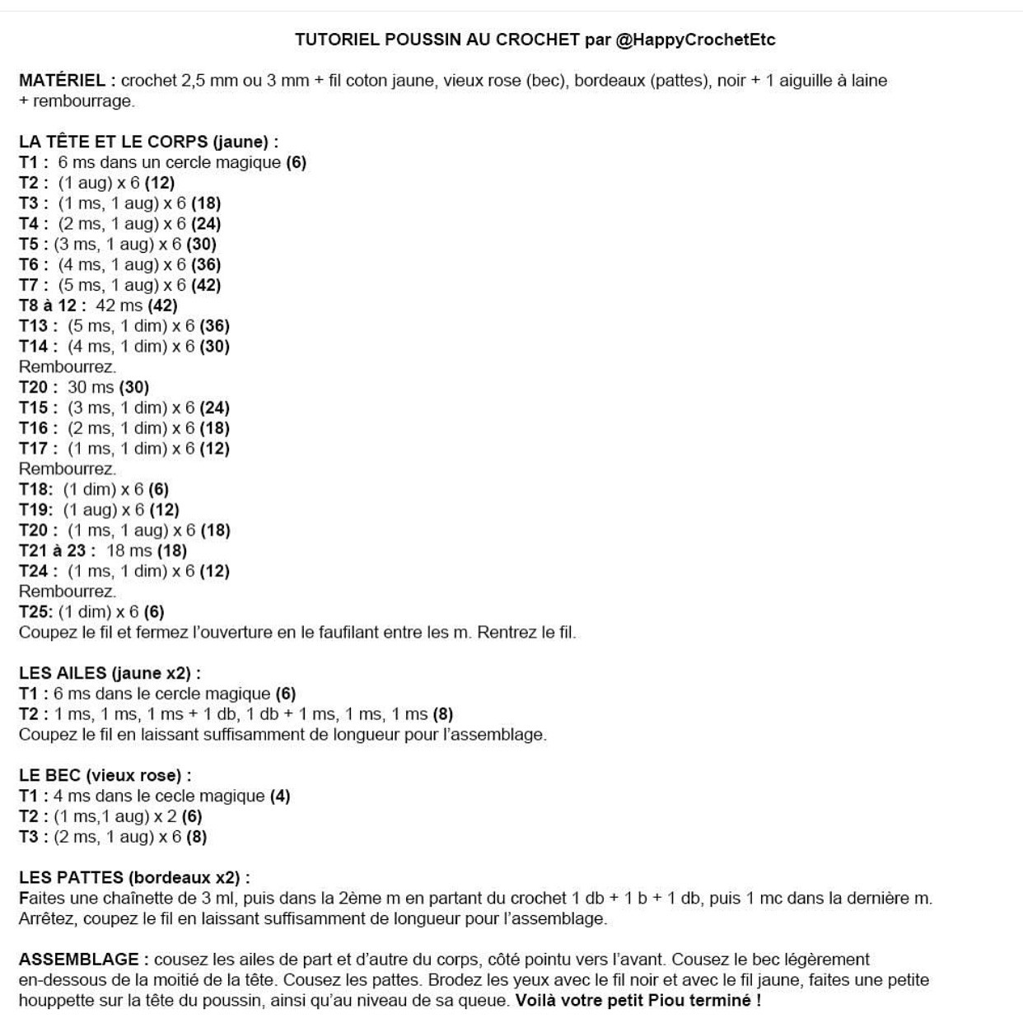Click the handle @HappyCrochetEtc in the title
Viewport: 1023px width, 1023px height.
point(695,40)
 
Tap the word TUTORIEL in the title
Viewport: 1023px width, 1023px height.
point(338,40)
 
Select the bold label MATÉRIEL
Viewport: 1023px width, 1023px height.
point(62,81)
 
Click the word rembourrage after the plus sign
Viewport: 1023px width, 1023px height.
point(82,101)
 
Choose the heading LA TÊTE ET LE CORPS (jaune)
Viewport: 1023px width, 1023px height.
point(148,142)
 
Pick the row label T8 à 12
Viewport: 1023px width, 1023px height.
point(52,306)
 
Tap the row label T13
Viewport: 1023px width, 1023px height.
point(38,326)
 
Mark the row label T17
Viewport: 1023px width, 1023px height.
point(38,449)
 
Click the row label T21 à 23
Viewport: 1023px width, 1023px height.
point(57,551)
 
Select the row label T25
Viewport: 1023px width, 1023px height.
point(35,612)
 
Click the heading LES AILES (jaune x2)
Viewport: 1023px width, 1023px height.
point(110,673)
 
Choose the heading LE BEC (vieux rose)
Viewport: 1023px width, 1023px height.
point(105,775)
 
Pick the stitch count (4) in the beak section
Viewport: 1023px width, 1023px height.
point(280,796)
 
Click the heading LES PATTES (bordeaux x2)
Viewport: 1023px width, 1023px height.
point(133,877)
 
